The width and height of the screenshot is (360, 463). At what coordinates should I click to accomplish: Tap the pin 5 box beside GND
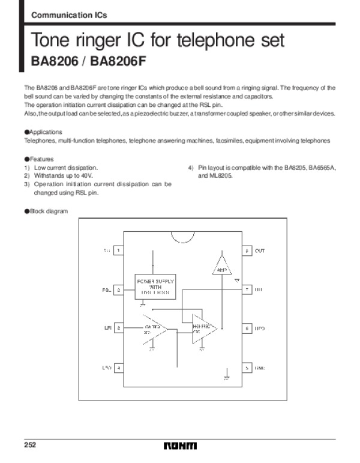[x=246, y=368]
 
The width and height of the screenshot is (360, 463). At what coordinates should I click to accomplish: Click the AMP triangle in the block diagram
[x=222, y=265]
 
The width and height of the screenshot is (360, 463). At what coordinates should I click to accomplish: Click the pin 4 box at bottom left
[x=119, y=368]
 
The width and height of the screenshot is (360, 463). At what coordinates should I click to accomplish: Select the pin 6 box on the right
[x=246, y=328]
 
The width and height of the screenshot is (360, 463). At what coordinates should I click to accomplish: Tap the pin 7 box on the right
[x=246, y=289]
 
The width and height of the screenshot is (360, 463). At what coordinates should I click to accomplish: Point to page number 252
[x=30, y=446]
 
